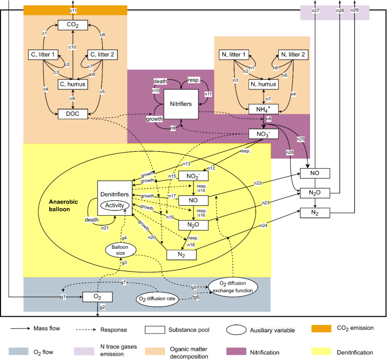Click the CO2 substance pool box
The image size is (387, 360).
pos(73,26)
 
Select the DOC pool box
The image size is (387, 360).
pos(73,114)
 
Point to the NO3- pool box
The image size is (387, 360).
pos(264,134)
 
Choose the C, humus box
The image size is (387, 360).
pos(73,84)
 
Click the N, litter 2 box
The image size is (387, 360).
pos(292,55)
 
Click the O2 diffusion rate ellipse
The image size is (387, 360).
pos(156,299)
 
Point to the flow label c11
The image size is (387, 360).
pos(73,11)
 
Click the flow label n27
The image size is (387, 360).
pos(315,11)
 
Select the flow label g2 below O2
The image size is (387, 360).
pos(102,307)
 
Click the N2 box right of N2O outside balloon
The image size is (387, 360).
pos(315,213)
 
